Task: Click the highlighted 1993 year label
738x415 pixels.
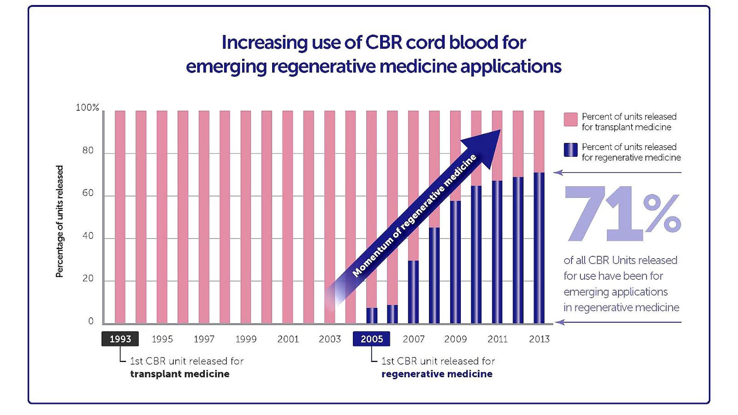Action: [x=120, y=339]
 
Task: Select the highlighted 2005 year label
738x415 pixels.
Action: [x=371, y=339]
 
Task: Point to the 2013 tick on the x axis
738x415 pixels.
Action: [x=539, y=339]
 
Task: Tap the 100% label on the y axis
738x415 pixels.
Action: [x=87, y=107]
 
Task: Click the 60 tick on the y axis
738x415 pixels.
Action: [x=88, y=193]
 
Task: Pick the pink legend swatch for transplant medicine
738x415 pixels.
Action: [x=571, y=119]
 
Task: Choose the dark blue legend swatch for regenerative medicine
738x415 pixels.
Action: [x=571, y=150]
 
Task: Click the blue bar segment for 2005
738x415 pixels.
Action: [x=371, y=315]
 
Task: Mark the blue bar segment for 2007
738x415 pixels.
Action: [x=413, y=292]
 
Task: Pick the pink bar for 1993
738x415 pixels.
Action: [x=120, y=217]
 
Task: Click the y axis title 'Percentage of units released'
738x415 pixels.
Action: [x=60, y=221]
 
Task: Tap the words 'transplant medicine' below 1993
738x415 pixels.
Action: [x=179, y=374]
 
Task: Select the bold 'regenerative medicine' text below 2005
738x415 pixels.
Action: [x=437, y=374]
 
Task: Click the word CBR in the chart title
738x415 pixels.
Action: [x=382, y=42]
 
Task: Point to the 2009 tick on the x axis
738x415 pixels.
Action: [x=455, y=339]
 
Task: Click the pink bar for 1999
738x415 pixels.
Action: [x=246, y=217]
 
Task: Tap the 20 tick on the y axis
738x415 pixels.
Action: [x=88, y=278]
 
